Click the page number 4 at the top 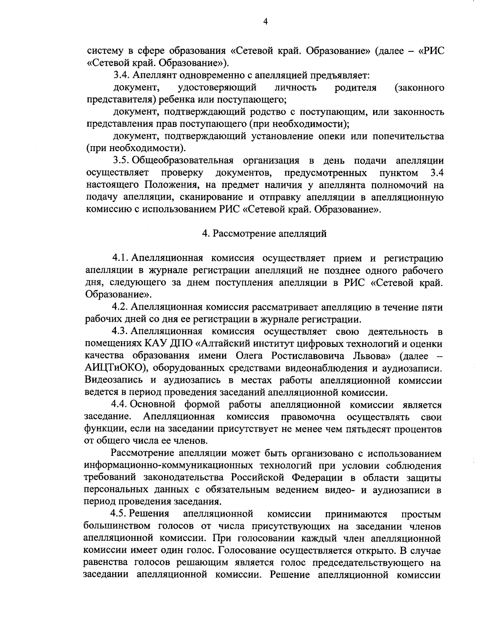click(265, 22)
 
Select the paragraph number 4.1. click(121, 259)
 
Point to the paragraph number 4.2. click(120, 307)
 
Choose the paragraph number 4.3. click(121, 331)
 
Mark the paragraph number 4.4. click(121, 405)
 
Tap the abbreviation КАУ click(145, 344)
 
